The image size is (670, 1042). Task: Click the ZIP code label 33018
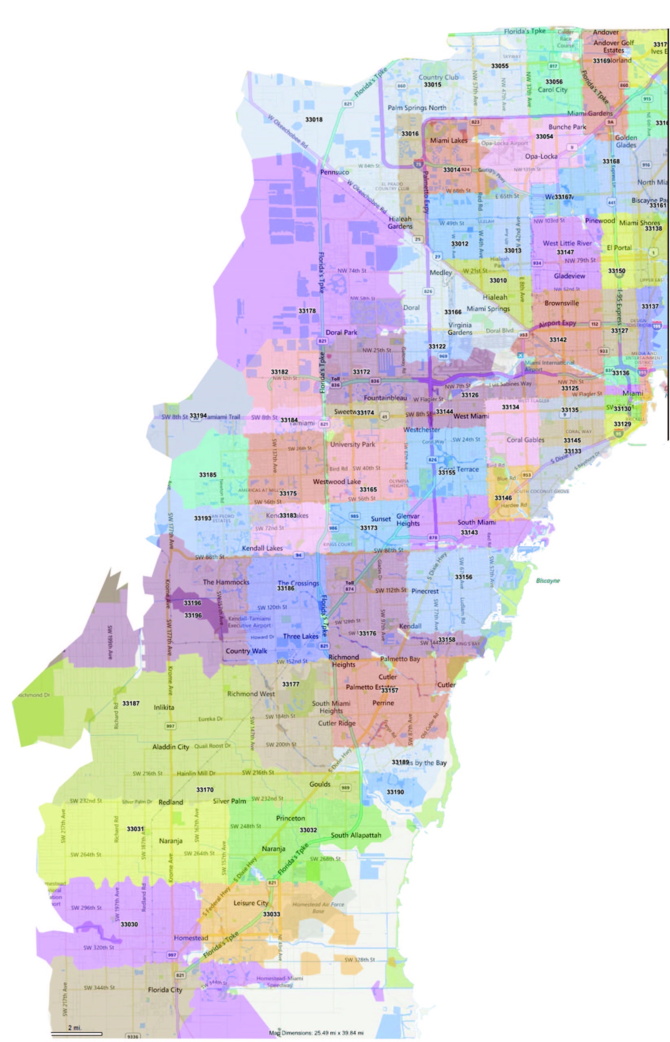(314, 120)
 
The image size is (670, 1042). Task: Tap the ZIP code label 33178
(307, 311)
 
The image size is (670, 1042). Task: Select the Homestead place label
(191, 938)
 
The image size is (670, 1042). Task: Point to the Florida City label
(165, 989)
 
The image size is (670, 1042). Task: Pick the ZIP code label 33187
(130, 703)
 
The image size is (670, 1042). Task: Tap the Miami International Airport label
(549, 366)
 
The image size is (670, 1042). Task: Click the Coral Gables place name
(525, 440)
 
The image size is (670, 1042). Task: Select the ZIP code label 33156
(464, 577)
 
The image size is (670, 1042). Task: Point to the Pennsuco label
(334, 172)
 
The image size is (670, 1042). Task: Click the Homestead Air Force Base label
(318, 908)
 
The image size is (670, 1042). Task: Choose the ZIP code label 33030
(129, 924)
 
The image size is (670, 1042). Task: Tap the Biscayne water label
(548, 581)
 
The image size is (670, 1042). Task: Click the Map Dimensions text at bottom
(316, 1033)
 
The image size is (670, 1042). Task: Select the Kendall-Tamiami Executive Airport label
(249, 622)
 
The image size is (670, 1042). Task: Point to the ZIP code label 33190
(395, 792)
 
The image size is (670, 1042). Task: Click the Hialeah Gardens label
(400, 223)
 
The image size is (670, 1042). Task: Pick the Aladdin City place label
(171, 747)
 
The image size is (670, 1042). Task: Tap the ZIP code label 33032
(308, 830)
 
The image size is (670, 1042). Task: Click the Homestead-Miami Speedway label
(279, 982)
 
